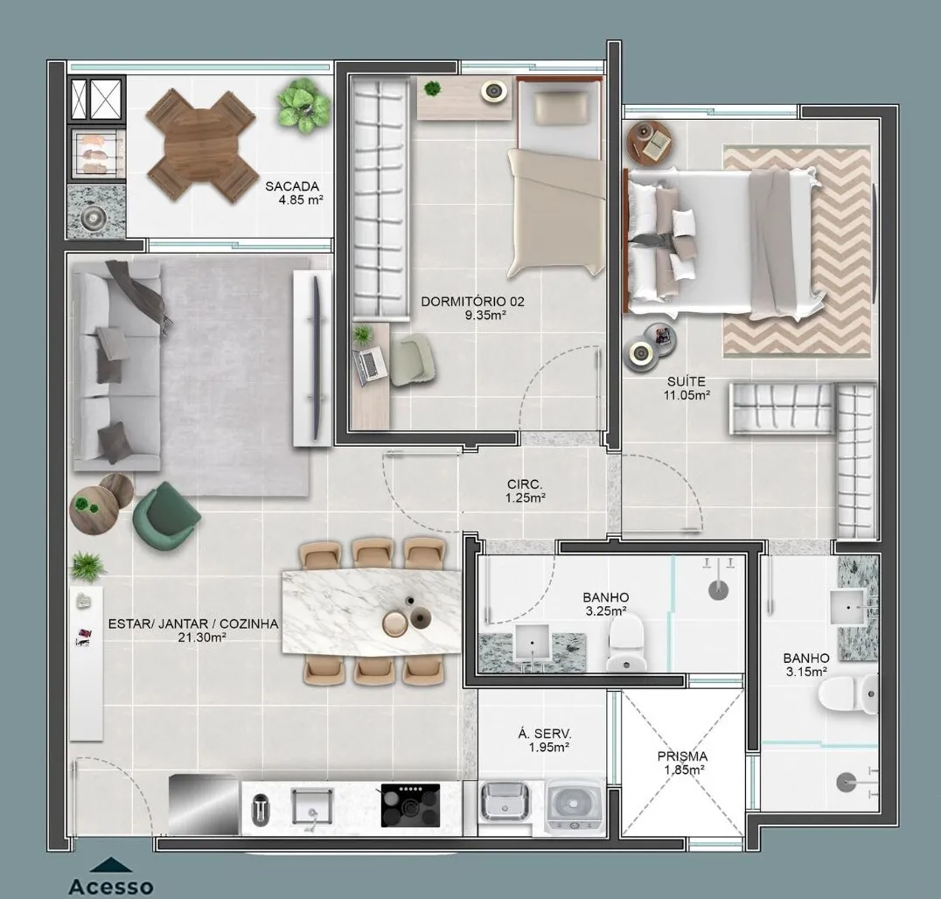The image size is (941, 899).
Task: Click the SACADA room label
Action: click(x=292, y=186)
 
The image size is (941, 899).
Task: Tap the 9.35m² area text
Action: click(x=484, y=315)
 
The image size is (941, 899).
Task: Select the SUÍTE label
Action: click(x=686, y=381)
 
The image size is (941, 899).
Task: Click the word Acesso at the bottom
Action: click(x=111, y=887)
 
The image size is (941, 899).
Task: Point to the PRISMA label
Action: click(x=682, y=756)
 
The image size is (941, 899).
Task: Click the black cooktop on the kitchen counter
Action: click(x=410, y=805)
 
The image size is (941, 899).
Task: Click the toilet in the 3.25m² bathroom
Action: click(x=626, y=643)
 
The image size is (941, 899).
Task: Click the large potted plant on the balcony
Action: click(x=303, y=106)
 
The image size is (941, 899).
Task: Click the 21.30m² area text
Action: click(x=202, y=638)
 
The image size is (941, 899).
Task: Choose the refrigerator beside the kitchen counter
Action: click(x=204, y=805)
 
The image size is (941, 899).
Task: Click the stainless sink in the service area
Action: click(x=505, y=801)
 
